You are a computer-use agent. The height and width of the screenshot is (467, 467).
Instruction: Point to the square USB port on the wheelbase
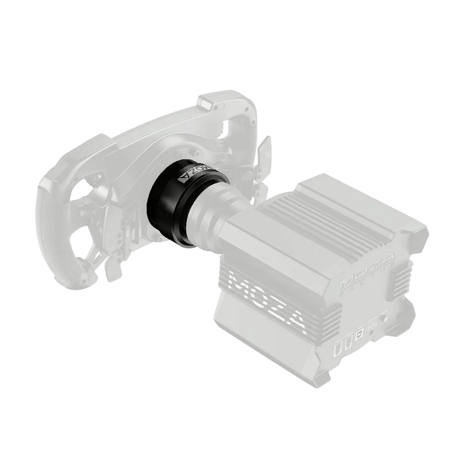click(x=360, y=331)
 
